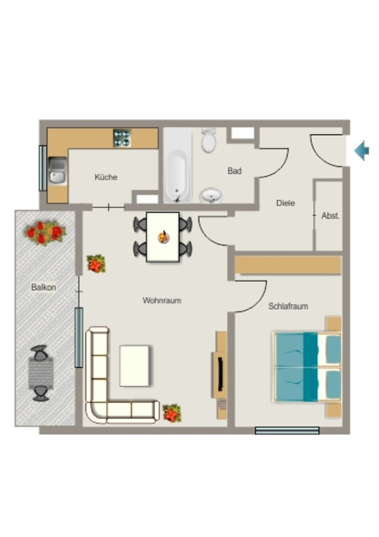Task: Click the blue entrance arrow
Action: coord(362,151)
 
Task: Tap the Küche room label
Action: coord(106,177)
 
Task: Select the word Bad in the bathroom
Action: coord(235,170)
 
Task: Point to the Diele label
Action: coord(285,203)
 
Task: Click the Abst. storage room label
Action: coord(330,216)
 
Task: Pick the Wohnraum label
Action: coord(162,300)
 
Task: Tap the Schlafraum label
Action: coord(288,306)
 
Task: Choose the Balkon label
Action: coord(43,287)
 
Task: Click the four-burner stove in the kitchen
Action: coord(122,138)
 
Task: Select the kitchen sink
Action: coord(57,171)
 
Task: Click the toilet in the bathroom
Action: coord(208,140)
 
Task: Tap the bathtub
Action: coord(177,165)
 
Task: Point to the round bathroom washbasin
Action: coord(210,196)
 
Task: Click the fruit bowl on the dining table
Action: coord(164,237)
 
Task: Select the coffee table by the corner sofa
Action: coord(135,366)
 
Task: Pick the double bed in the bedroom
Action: coord(307,367)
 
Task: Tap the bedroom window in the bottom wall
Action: coord(287,431)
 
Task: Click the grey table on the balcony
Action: coord(41,373)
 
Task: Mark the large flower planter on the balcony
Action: coord(45,233)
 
